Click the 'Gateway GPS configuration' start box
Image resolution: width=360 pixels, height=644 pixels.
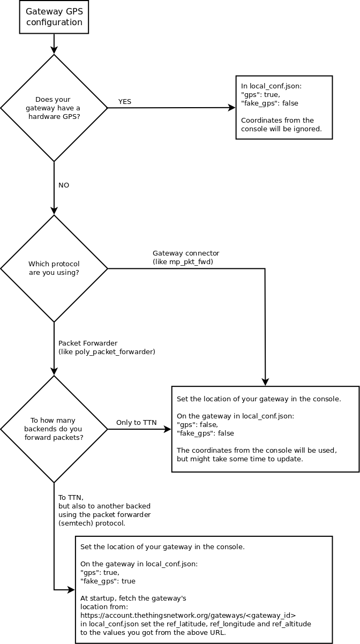(x=54, y=17)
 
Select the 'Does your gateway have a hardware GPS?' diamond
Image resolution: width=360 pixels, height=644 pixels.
(x=54, y=108)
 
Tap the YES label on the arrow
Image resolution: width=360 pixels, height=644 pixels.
(x=125, y=102)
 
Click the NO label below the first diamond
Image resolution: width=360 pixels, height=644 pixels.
(x=64, y=185)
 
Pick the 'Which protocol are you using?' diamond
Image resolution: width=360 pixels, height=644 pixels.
(x=54, y=268)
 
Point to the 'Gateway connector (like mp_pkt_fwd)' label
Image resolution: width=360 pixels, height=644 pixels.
(x=186, y=257)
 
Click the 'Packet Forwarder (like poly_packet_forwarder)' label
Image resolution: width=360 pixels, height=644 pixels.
(x=107, y=347)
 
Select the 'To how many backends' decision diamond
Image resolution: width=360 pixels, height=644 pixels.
(x=54, y=429)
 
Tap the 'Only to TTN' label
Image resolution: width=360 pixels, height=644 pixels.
(x=136, y=423)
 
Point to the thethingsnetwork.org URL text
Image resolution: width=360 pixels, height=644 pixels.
(x=188, y=615)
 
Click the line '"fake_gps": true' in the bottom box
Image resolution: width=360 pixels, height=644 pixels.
(x=108, y=581)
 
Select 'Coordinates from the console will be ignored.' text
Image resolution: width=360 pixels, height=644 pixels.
(x=281, y=124)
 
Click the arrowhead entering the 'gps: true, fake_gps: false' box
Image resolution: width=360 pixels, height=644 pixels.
(x=232, y=108)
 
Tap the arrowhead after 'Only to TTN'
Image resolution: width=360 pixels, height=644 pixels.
(x=168, y=429)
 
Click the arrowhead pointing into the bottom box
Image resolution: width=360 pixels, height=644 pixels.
(x=71, y=590)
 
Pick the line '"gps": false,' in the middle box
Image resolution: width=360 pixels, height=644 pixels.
(x=197, y=425)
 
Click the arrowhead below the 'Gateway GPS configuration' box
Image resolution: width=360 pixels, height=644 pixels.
(x=54, y=50)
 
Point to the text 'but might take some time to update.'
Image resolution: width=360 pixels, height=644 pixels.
(x=240, y=459)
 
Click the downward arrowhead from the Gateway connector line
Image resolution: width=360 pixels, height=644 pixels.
(x=265, y=382)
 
